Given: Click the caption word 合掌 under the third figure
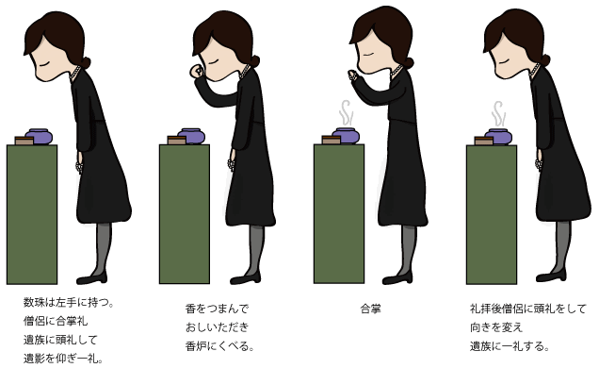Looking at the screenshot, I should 371,309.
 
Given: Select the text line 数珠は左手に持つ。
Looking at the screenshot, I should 69,303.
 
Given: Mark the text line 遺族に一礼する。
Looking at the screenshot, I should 509,345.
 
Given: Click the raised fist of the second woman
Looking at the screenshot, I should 196,72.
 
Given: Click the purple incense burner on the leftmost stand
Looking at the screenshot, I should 40,136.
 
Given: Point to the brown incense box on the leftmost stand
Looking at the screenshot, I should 23,141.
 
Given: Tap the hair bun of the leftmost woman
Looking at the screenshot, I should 87,62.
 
